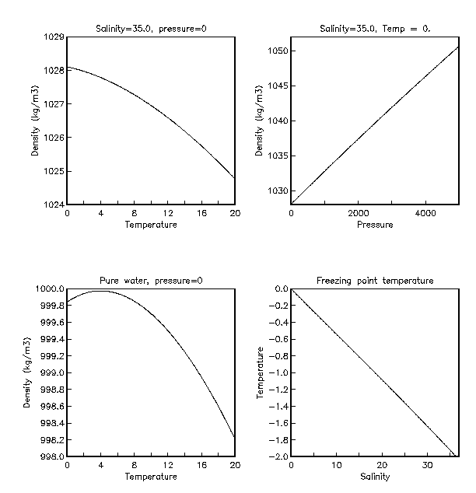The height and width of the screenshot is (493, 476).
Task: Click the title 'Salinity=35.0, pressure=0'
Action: click(x=151, y=30)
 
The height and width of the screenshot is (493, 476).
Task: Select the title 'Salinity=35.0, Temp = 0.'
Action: click(x=376, y=30)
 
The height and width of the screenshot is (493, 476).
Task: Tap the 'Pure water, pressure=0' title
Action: click(x=151, y=281)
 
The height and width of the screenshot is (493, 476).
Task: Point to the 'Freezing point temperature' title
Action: click(x=376, y=281)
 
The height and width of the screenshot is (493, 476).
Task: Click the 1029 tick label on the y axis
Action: click(x=54, y=37)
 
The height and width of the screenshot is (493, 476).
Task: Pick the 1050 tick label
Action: click(x=278, y=51)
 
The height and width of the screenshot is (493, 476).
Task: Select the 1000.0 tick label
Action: click(x=51, y=289)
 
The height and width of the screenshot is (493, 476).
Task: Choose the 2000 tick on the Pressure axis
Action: click(x=358, y=214)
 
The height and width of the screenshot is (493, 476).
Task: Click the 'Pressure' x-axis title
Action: click(x=376, y=226)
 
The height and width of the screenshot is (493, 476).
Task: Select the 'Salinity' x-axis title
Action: click(x=376, y=477)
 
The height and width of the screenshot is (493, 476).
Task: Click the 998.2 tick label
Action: click(x=51, y=440)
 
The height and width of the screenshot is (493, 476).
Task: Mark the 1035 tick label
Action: click(x=278, y=156)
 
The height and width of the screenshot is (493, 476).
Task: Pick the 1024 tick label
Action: click(x=54, y=205)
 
